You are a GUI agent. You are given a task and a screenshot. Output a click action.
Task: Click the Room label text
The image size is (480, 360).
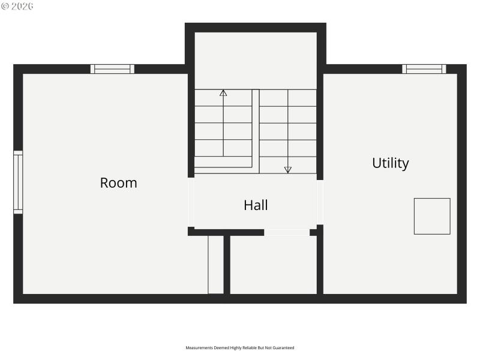118,183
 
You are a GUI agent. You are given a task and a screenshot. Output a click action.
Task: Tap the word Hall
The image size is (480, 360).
256,205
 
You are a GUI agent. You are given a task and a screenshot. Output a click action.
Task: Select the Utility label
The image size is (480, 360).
391,163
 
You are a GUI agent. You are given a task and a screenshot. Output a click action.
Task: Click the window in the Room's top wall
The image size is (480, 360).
112,69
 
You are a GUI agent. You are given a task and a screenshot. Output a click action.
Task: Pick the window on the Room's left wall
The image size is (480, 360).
18,182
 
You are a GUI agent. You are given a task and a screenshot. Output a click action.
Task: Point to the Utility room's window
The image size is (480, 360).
424,69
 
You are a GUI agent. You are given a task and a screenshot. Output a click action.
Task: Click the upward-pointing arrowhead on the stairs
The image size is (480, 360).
223,93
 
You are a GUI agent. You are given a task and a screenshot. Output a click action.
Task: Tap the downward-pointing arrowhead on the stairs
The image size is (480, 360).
288,170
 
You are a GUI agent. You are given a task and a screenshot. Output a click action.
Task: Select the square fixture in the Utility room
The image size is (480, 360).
432,216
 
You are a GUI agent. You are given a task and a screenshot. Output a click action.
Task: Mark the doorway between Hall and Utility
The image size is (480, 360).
320,202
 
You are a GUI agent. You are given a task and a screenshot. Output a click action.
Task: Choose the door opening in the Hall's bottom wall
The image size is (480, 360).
287,232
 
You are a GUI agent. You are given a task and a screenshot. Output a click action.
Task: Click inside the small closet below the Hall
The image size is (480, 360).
273,264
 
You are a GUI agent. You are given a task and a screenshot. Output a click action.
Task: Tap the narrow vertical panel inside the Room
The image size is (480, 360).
215,264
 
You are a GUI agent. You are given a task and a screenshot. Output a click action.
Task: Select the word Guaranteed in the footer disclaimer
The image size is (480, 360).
284,347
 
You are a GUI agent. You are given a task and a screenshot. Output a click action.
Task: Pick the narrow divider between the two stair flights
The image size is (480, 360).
256,129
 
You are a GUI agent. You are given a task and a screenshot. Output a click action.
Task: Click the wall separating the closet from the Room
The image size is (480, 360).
227,264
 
